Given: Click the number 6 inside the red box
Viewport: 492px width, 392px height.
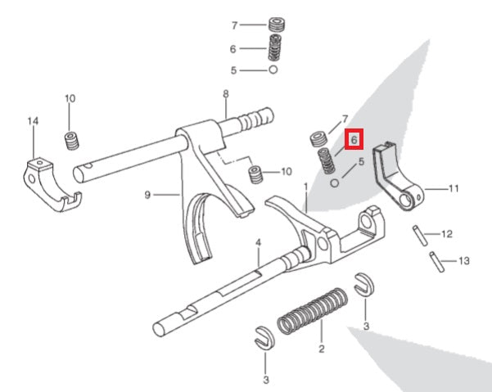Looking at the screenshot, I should click(353, 140).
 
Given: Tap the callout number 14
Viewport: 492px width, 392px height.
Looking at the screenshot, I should click(33, 122).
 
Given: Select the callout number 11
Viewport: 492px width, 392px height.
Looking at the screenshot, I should click(454, 188).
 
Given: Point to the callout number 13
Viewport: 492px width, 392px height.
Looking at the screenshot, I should click(465, 262).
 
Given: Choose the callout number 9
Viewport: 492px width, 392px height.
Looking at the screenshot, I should click(148, 195).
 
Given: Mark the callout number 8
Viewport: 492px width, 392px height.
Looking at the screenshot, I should click(225, 95).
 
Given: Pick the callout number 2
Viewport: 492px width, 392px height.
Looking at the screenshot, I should click(321, 349).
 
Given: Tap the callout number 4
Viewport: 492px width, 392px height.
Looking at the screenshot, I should click(257, 243).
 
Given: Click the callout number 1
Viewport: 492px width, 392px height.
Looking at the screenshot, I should click(306, 187).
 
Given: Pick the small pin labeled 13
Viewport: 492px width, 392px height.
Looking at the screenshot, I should click(438, 263).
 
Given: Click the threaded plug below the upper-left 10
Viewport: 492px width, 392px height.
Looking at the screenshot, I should click(71, 141).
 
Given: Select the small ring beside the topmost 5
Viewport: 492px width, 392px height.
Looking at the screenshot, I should click(273, 71).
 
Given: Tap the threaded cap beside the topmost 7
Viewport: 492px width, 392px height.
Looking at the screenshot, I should click(276, 25).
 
